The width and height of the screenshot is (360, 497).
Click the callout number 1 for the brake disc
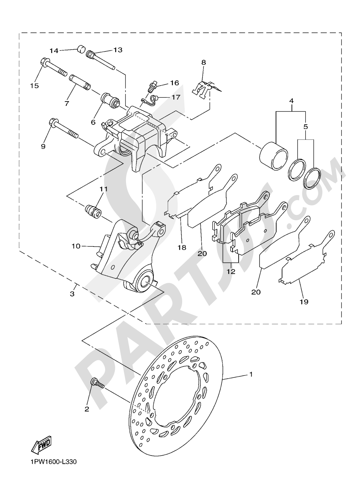coord(251,374)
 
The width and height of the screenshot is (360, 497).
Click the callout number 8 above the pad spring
coord(204,63)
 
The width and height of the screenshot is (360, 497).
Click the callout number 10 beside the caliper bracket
coord(76,246)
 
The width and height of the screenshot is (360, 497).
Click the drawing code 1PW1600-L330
coord(51,472)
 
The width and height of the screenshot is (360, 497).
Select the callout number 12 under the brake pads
coord(231,271)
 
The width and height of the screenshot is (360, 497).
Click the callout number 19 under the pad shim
coord(304,302)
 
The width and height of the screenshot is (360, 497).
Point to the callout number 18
coord(182,247)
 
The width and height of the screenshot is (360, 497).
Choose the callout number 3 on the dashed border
coord(72,294)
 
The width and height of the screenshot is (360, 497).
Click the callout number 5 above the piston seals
coord(306,127)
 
